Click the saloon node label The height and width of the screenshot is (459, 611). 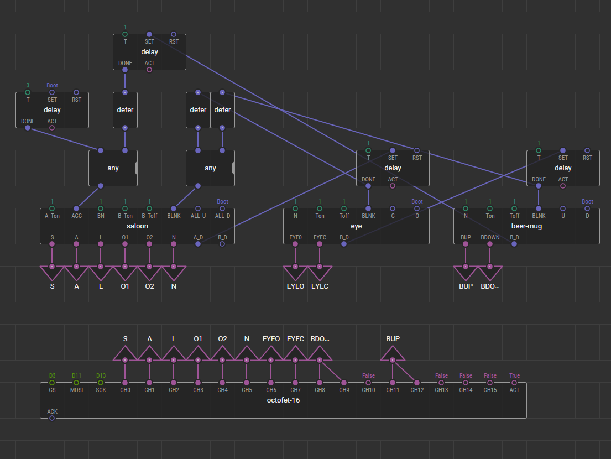click(137, 226)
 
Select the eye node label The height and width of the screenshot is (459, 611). click(356, 226)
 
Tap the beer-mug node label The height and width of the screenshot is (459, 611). click(526, 226)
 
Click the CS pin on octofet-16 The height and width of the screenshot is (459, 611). click(52, 383)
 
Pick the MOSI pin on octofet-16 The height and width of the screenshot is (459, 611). click(76, 383)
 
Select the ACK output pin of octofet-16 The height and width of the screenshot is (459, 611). click(52, 418)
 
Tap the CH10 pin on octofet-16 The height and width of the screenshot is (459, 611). click(368, 383)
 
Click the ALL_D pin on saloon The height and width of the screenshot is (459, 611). click(222, 208)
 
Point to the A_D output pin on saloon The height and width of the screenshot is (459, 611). click(198, 244)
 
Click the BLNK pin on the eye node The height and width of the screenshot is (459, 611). click(368, 208)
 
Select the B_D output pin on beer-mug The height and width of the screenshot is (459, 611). click(514, 244)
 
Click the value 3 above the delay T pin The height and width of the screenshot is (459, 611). click(28, 85)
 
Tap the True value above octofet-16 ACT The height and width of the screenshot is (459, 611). click(514, 375)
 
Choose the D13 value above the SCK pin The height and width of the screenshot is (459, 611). click(101, 375)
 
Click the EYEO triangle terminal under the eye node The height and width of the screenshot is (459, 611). click(295, 273)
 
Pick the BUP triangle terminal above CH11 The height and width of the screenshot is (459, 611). click(393, 353)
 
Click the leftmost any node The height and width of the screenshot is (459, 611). click(113, 168)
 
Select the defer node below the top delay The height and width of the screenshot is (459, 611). click(125, 110)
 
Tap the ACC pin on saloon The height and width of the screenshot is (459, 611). click(76, 208)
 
